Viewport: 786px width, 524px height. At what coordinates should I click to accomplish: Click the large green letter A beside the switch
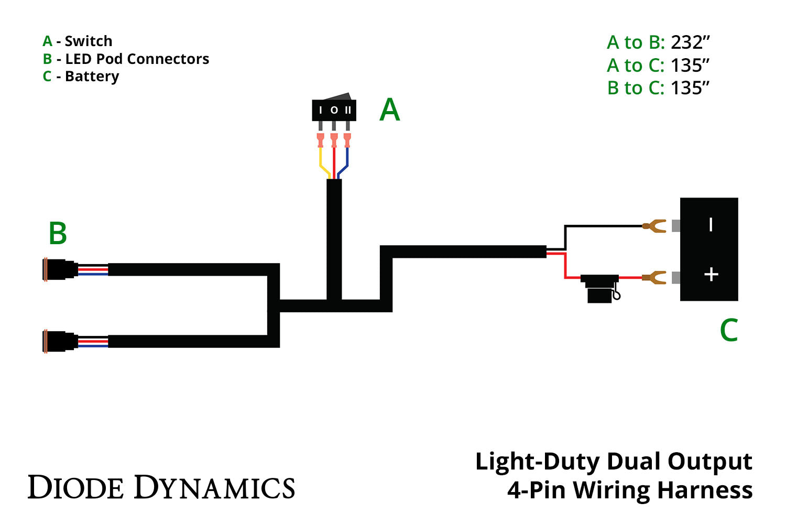pyautogui.click(x=389, y=110)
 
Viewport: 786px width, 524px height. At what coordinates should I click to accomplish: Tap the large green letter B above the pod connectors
pyautogui.click(x=58, y=234)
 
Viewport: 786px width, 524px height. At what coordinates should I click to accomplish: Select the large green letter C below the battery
pyautogui.click(x=728, y=330)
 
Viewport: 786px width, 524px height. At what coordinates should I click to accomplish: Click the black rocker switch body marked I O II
pyautogui.click(x=334, y=110)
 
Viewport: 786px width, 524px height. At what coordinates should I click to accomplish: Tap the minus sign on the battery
pyautogui.click(x=711, y=225)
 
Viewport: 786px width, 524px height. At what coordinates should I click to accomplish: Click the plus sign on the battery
pyautogui.click(x=711, y=274)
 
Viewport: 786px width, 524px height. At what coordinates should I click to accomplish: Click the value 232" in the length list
pyautogui.click(x=690, y=42)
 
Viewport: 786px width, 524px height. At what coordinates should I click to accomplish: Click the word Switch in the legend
pyautogui.click(x=88, y=41)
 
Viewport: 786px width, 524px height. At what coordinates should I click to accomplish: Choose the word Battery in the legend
pyautogui.click(x=92, y=77)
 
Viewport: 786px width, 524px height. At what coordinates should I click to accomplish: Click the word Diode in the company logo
pyautogui.click(x=76, y=488)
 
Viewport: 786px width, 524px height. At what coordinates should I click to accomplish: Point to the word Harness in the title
pyautogui.click(x=705, y=490)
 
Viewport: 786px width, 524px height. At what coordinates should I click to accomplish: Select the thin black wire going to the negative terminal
pyautogui.click(x=603, y=226)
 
